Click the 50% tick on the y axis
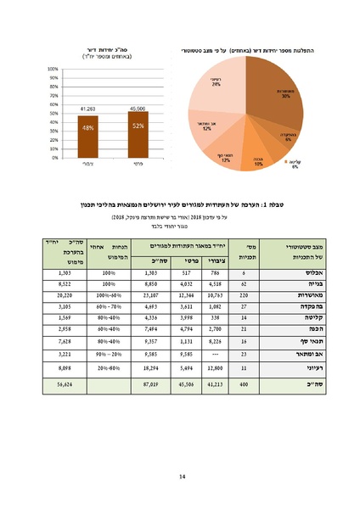(53, 113)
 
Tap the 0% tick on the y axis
(53, 157)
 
